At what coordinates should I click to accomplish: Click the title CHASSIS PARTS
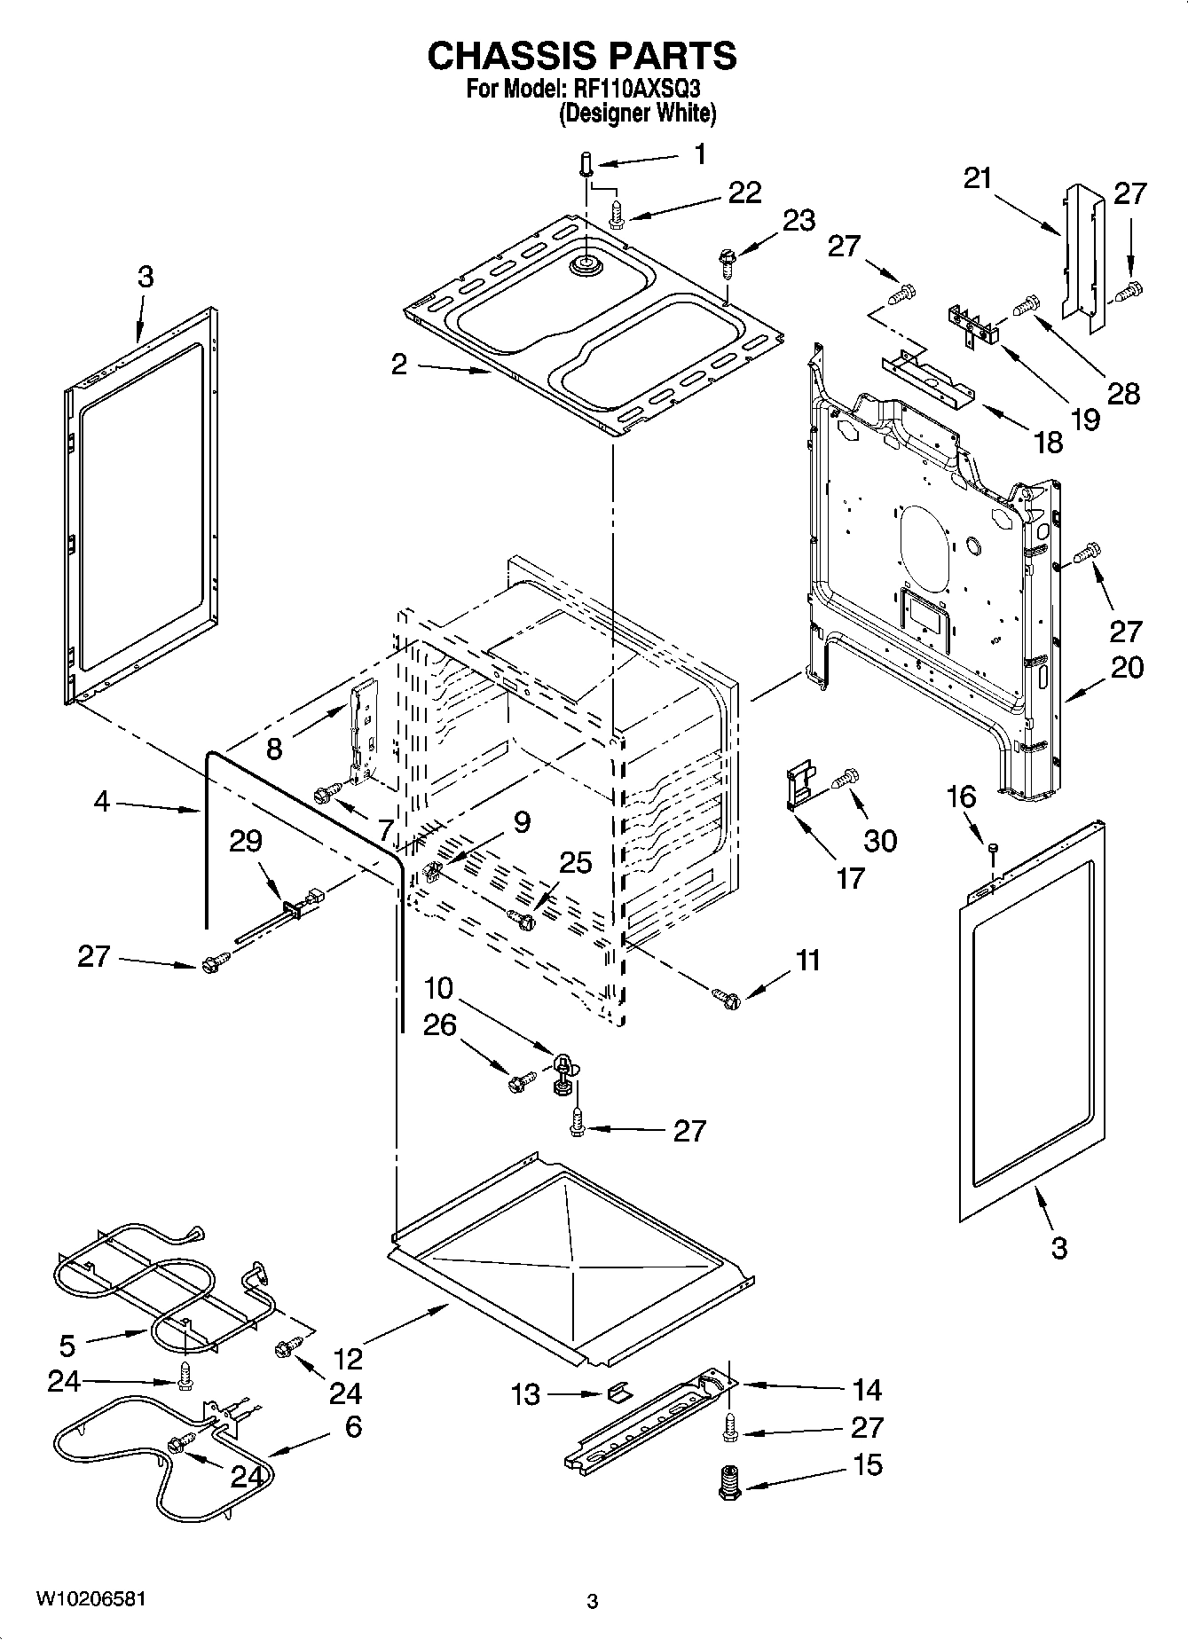click(582, 56)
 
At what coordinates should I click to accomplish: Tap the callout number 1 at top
click(701, 154)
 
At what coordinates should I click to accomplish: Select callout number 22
click(744, 192)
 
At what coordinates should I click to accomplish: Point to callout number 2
click(399, 364)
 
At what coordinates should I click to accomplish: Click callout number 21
click(978, 178)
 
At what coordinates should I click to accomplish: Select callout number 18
click(1049, 441)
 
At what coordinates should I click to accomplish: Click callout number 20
click(1127, 667)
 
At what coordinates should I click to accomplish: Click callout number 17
click(850, 877)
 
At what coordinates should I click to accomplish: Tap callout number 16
click(964, 796)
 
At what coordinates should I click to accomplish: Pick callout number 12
click(349, 1358)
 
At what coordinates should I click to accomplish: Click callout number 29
click(246, 840)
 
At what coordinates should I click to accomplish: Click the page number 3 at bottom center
click(593, 1601)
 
